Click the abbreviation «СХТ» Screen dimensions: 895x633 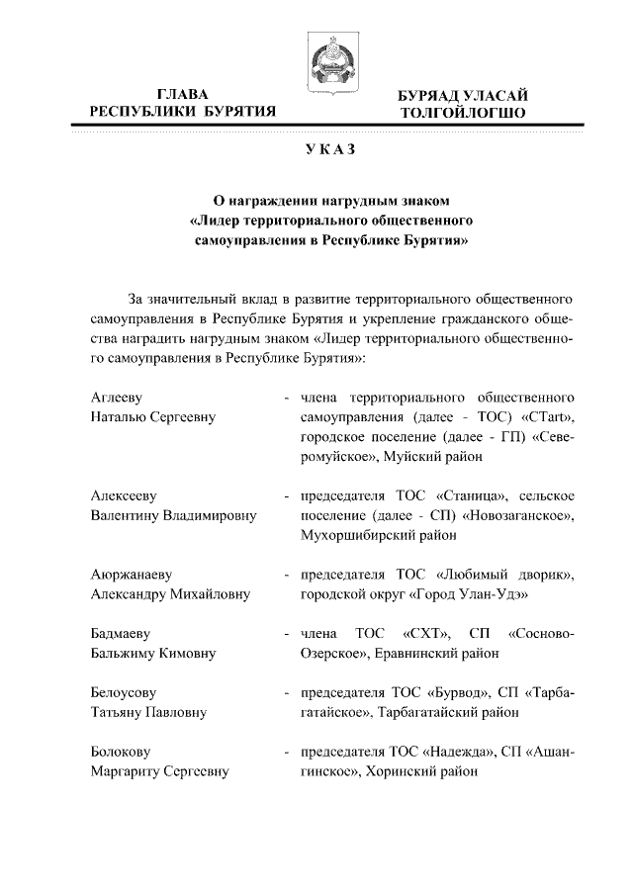click(x=427, y=633)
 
